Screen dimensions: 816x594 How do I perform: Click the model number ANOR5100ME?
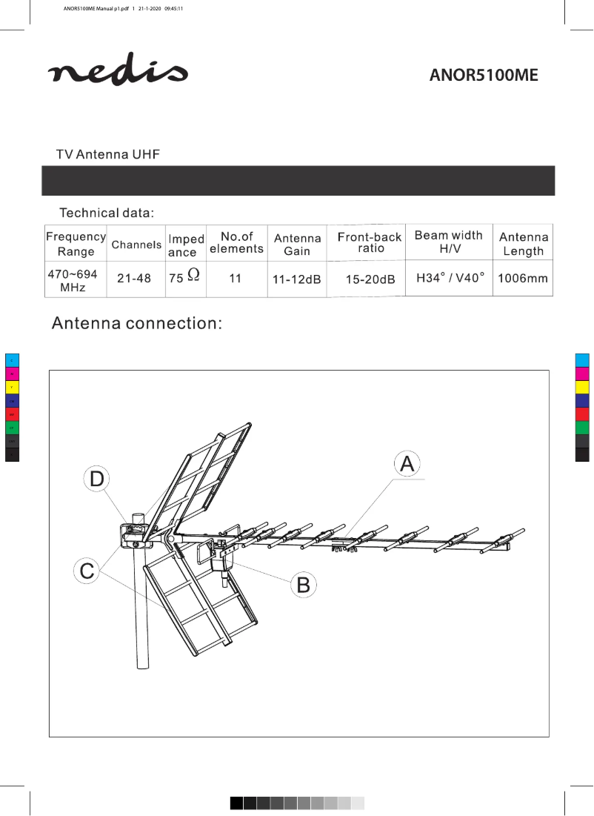pyautogui.click(x=484, y=76)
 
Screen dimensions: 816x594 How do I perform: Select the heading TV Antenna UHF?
pyautogui.click(x=108, y=155)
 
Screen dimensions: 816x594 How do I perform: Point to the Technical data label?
pyautogui.click(x=107, y=213)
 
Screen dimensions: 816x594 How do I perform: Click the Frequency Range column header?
pyautogui.click(x=76, y=243)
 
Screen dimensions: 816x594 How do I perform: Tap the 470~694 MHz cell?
pyautogui.click(x=73, y=280)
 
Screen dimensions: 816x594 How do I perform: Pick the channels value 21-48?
pyautogui.click(x=134, y=279)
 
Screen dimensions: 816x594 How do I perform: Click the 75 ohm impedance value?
pyautogui.click(x=183, y=278)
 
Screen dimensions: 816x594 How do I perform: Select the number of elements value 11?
pyautogui.click(x=236, y=279)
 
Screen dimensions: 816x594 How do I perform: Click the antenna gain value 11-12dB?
pyautogui.click(x=297, y=279)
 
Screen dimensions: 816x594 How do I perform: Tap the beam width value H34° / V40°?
pyautogui.click(x=450, y=277)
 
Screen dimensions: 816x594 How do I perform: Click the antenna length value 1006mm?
pyautogui.click(x=523, y=279)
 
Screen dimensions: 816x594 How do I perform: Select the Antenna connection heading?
pyautogui.click(x=136, y=325)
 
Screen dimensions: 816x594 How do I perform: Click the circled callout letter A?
pyautogui.click(x=407, y=464)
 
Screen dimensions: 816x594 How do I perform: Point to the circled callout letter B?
pyautogui.click(x=302, y=585)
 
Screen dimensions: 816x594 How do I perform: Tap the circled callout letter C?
pyautogui.click(x=87, y=571)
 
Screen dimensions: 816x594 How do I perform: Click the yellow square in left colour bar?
pyautogui.click(x=12, y=388)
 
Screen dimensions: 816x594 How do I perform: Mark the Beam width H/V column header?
pyautogui.click(x=448, y=242)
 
